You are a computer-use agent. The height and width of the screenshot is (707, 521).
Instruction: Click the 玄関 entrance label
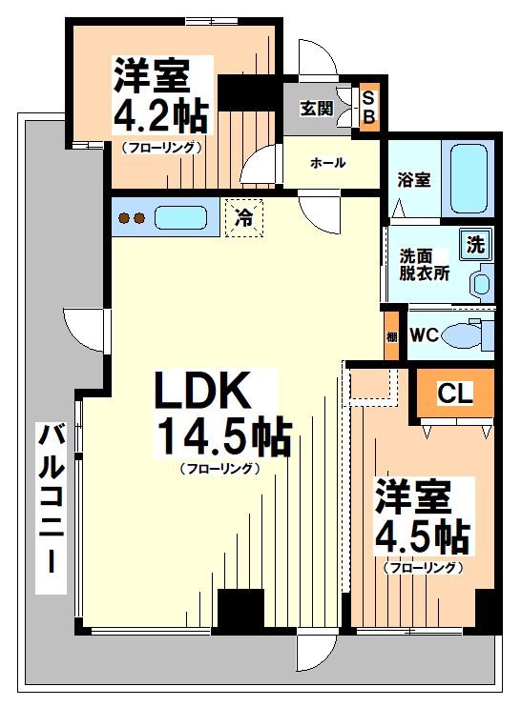click(317, 108)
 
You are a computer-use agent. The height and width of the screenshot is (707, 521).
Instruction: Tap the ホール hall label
click(327, 163)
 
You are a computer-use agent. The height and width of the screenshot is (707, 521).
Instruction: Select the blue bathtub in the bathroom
click(469, 179)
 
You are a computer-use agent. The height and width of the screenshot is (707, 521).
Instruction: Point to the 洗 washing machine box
click(474, 244)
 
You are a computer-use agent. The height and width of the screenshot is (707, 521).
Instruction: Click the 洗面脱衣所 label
click(424, 263)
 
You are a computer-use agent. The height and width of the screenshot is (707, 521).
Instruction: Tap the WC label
click(425, 334)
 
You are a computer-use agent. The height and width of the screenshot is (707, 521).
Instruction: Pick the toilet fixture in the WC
click(471, 334)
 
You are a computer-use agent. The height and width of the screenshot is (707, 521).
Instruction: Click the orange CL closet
click(454, 394)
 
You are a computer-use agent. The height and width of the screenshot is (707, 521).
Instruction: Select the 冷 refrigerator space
click(243, 217)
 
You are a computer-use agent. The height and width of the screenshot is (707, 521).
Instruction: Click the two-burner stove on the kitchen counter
click(131, 218)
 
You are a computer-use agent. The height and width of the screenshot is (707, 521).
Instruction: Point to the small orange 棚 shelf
click(391, 336)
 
